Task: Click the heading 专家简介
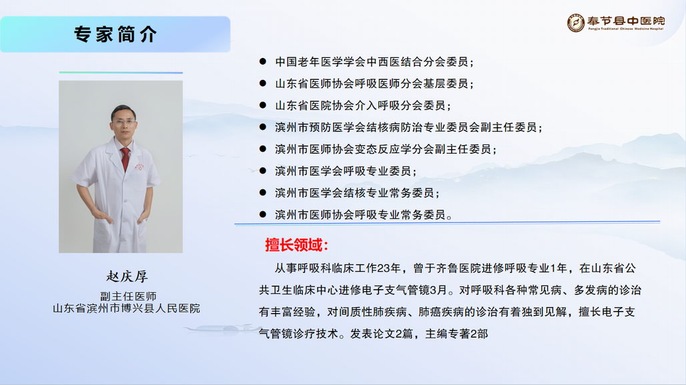[115, 34]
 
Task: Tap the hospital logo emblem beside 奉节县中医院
[576, 23]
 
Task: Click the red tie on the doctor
[125, 159]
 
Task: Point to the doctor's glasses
[124, 122]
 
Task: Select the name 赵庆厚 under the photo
[127, 276]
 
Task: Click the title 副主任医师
[128, 296]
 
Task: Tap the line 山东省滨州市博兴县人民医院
[126, 308]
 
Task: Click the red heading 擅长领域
[296, 245]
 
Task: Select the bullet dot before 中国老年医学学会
[262, 61]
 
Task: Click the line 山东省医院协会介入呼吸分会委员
[363, 106]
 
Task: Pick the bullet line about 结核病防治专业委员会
[408, 127]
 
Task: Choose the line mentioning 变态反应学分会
[386, 149]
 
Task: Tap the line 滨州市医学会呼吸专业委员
[345, 171]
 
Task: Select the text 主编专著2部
[456, 334]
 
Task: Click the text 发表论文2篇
[381, 334]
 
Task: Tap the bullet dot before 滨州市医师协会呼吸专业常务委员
[262, 214]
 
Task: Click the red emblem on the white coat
[139, 167]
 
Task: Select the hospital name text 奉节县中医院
[626, 21]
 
